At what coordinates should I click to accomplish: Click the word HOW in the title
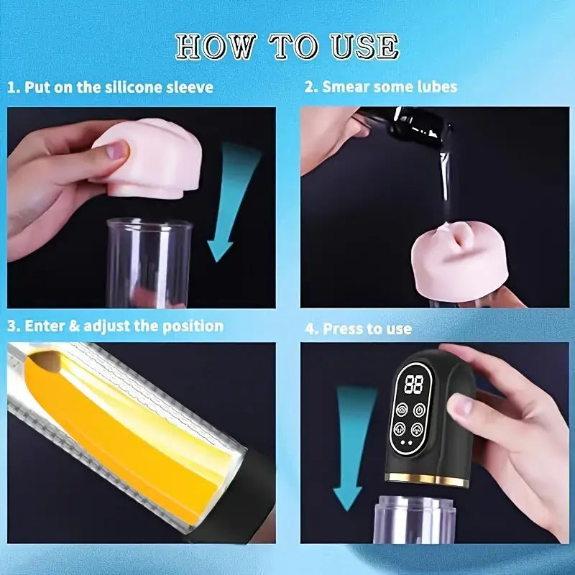point(215,46)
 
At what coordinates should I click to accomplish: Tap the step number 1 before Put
point(11,87)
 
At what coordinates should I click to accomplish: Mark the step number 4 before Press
point(309,328)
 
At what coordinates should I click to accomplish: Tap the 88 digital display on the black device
point(413,384)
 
